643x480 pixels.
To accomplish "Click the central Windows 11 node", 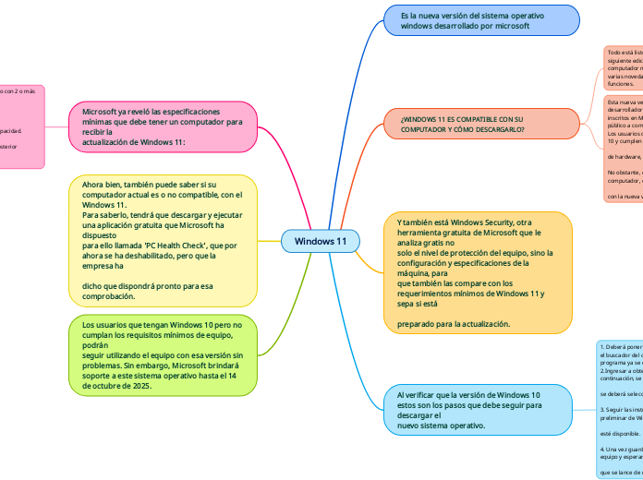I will (x=320, y=241).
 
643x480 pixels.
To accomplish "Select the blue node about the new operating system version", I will (x=481, y=21).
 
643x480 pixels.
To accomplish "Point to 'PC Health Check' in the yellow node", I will (x=175, y=246).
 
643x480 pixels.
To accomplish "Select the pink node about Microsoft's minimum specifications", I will (x=164, y=126).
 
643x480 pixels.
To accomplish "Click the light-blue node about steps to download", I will (x=478, y=410).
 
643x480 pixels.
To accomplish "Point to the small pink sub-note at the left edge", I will (x=21, y=126).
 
